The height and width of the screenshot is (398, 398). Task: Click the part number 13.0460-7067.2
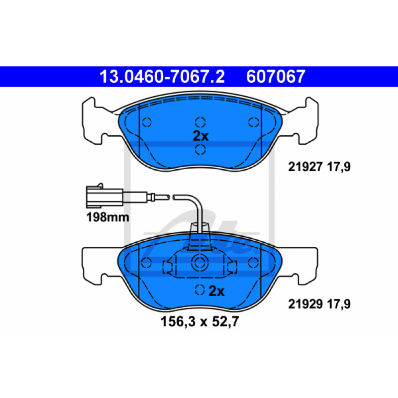[x=162, y=77]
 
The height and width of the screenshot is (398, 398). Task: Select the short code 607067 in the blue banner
[x=276, y=77]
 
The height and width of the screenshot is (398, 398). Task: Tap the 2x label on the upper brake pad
[x=200, y=136]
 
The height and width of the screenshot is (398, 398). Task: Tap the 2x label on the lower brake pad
[x=216, y=291]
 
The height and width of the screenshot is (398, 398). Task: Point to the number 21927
[x=305, y=167]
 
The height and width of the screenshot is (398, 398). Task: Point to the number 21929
[x=305, y=304]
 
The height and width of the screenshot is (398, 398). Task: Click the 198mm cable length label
[x=107, y=217]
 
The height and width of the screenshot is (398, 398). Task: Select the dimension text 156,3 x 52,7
[x=199, y=321]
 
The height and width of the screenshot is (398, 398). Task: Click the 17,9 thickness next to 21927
[x=339, y=167]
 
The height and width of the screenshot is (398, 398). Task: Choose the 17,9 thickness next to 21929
[x=339, y=304]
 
